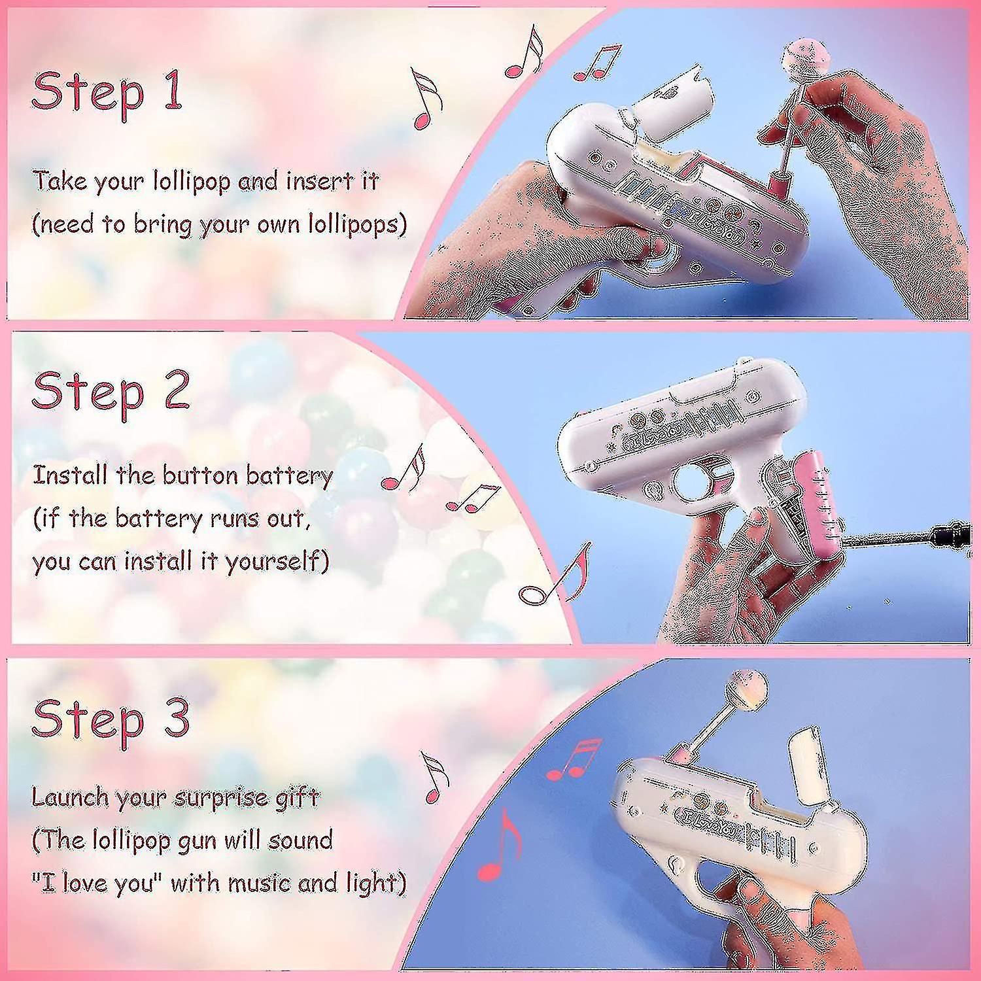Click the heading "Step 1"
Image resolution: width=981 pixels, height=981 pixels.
(x=107, y=92)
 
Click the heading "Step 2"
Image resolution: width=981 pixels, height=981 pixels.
(x=111, y=391)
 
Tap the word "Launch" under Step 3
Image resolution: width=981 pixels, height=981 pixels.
(x=71, y=797)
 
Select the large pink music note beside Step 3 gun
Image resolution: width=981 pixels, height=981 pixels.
(x=500, y=845)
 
